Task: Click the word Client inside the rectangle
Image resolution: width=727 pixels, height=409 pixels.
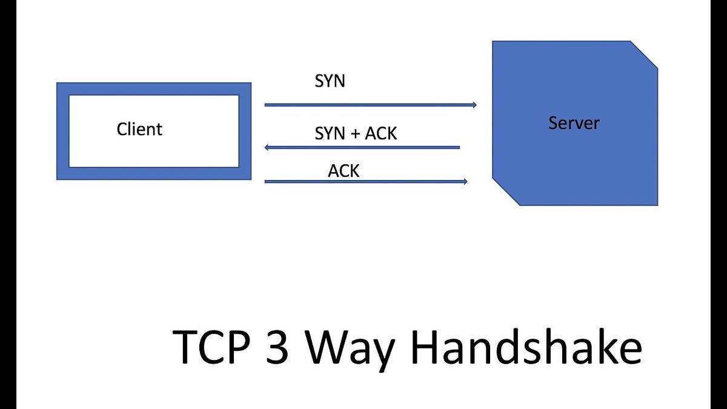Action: pyautogui.click(x=139, y=129)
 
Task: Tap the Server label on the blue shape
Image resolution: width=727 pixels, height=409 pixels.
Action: pyautogui.click(x=574, y=123)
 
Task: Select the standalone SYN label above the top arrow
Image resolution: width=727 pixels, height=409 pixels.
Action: pyautogui.click(x=330, y=81)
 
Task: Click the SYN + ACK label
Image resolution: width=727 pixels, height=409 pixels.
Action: pyautogui.click(x=356, y=133)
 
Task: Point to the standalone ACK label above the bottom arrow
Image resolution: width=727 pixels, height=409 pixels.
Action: pyautogui.click(x=344, y=171)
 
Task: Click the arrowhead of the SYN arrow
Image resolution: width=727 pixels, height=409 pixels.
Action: pyautogui.click(x=474, y=105)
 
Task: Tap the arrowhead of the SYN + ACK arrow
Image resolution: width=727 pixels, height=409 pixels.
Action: pyautogui.click(x=268, y=147)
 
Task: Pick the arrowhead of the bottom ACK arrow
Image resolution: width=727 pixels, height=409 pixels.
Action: pyautogui.click(x=465, y=181)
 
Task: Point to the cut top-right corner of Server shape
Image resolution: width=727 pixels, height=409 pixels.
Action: pyautogui.click(x=644, y=54)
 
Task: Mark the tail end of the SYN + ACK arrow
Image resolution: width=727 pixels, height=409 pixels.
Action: pyautogui.click(x=459, y=147)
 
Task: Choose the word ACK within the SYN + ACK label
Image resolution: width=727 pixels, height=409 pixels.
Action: pyautogui.click(x=381, y=133)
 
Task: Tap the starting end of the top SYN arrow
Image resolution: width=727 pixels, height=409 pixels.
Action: pyautogui.click(x=266, y=105)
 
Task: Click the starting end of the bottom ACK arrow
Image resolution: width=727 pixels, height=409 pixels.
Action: pyautogui.click(x=266, y=181)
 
